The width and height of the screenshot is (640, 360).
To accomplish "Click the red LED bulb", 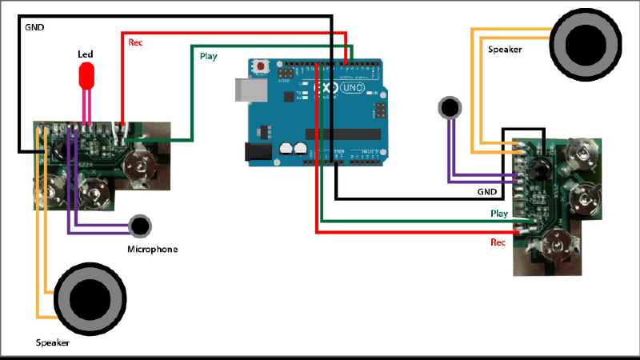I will point(86,76).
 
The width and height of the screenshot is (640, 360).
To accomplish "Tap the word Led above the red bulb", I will point(85,54).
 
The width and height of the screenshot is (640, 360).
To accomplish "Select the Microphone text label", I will point(152,250).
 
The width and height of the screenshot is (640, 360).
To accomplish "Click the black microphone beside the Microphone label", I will point(141,226).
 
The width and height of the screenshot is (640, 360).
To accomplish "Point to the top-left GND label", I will point(34,27).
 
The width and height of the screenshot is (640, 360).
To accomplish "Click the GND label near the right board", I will point(486,193).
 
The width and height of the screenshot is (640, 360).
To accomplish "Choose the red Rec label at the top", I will point(135,42).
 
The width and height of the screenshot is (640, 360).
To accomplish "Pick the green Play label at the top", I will point(208,56).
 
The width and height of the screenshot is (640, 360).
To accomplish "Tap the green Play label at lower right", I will point(499,214).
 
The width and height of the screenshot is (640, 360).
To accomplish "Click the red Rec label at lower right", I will point(498,242).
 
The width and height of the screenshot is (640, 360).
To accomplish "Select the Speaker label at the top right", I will point(505,50).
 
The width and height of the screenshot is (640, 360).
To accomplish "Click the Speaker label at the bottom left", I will point(53,342).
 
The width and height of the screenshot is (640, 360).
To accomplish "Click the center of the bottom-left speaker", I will point(89,299).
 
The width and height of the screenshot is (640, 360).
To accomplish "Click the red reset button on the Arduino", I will point(260,67).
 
